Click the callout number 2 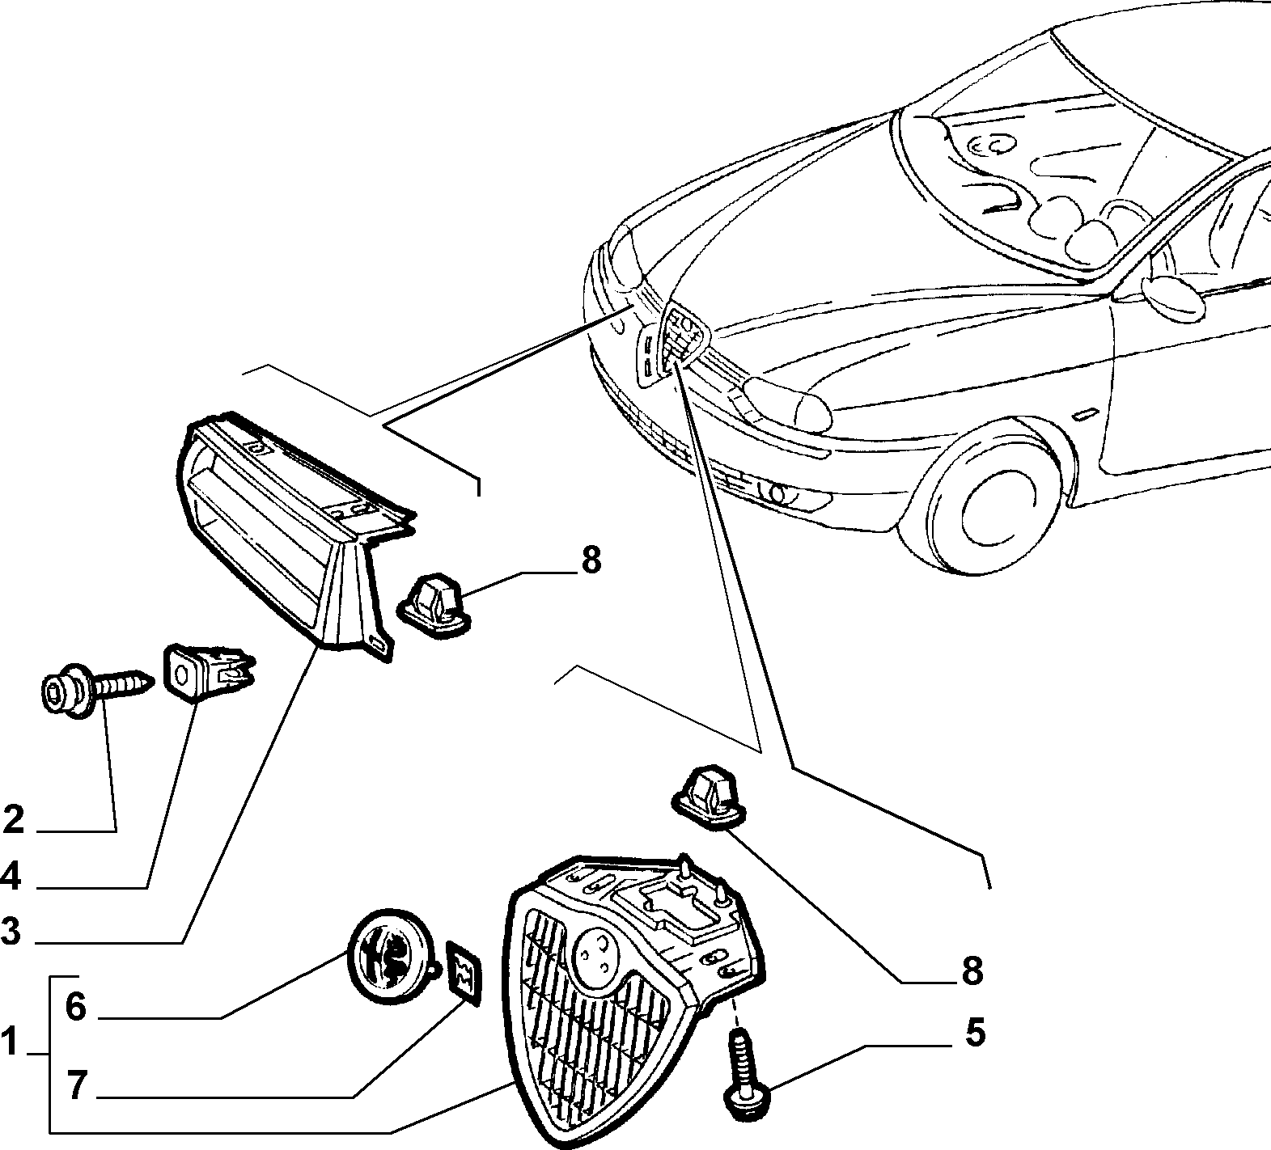14,820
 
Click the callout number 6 75,1008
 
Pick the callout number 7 75,1087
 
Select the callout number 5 974,1034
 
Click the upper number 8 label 591,560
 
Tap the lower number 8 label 972,970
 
